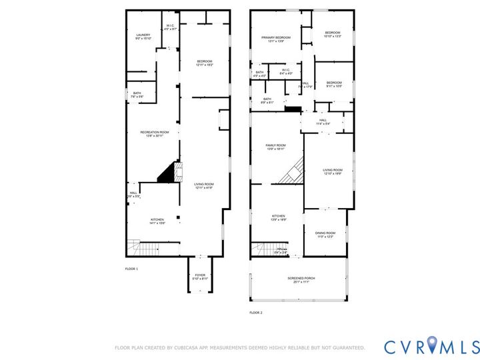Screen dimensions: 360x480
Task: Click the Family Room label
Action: (275, 147)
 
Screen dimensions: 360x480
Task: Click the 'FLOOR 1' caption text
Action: (131, 269)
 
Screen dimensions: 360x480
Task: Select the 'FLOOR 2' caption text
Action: (256, 312)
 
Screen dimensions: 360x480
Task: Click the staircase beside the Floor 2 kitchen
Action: (263, 249)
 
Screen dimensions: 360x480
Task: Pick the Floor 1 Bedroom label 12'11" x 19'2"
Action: (204, 63)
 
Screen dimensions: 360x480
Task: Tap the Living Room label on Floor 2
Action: (332, 171)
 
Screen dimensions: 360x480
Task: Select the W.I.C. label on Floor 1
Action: (171, 27)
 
